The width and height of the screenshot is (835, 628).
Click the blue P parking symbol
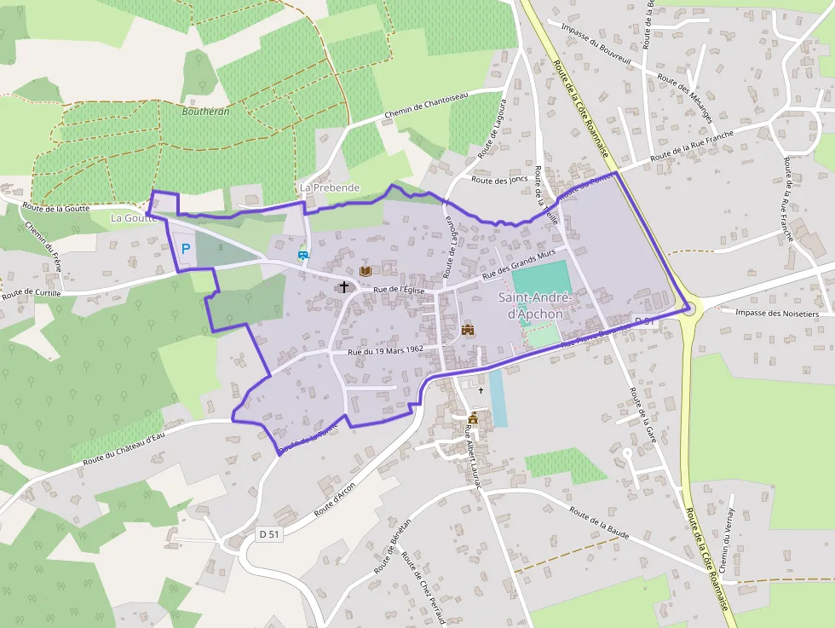[x=185, y=250]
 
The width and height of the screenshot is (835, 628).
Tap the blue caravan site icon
[x=302, y=253]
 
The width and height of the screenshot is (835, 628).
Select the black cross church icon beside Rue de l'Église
[x=344, y=287]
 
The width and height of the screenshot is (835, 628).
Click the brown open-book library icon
[x=366, y=270]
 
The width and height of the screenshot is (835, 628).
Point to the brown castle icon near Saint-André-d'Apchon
[x=467, y=330]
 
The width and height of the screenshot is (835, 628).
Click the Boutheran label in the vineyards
[x=205, y=111]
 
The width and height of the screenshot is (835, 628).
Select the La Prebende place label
[x=330, y=187]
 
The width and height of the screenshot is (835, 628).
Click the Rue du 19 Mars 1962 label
[x=386, y=349]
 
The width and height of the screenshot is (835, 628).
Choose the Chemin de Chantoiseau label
[x=426, y=106]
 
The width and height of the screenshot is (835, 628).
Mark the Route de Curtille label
[x=33, y=294]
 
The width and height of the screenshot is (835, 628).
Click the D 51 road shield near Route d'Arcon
[x=269, y=534]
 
